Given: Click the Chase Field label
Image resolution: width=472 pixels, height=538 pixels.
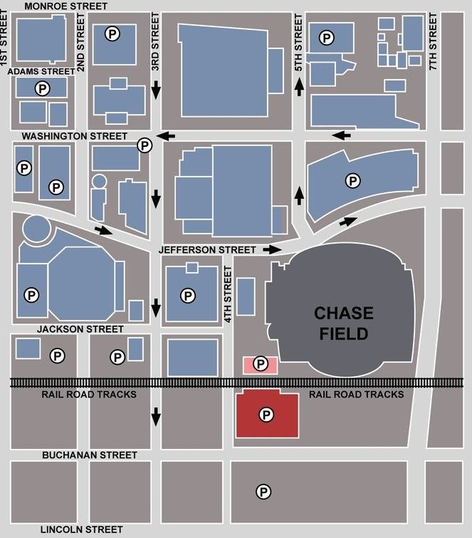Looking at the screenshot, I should click(x=343, y=323).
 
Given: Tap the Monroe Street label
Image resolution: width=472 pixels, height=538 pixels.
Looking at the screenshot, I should click(x=65, y=6).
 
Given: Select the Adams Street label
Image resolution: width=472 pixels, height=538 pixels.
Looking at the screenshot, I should click(x=41, y=71).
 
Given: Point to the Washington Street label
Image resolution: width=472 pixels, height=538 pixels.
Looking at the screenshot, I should click(x=74, y=135).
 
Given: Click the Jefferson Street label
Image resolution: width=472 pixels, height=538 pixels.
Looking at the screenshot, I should click(x=207, y=250).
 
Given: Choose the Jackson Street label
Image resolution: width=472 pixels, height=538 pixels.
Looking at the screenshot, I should click(x=81, y=329).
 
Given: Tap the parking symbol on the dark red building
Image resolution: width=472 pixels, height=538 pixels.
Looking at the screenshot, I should click(x=266, y=414).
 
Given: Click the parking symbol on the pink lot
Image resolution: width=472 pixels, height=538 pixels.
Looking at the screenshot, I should click(x=261, y=364).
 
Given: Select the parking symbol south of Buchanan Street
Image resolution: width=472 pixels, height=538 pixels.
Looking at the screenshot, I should click(x=263, y=491).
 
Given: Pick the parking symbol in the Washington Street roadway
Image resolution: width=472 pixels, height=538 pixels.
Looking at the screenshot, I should click(x=145, y=145).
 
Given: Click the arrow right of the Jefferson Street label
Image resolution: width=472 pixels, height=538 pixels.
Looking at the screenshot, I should click(x=271, y=249).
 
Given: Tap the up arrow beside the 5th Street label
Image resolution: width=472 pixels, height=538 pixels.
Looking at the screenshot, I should click(x=299, y=87).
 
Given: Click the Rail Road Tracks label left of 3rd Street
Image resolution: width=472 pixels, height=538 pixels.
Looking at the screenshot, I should click(x=89, y=394).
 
